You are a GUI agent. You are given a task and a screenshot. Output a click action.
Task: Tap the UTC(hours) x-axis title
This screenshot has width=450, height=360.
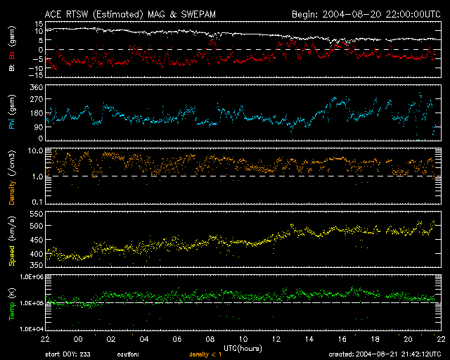pos(243,347)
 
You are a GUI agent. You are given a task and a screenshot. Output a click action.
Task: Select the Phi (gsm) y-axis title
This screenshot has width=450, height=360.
pos(12,115)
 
